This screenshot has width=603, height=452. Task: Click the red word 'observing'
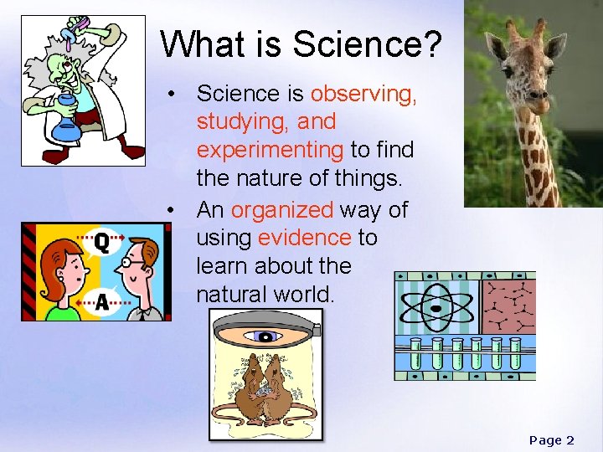363,93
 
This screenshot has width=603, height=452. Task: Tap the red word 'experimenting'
270,150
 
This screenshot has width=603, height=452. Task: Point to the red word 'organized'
282,209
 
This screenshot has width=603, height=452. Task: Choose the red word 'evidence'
304,238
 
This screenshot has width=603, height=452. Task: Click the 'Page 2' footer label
551,439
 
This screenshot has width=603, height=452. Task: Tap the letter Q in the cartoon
100,242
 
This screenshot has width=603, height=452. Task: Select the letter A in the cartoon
101,301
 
